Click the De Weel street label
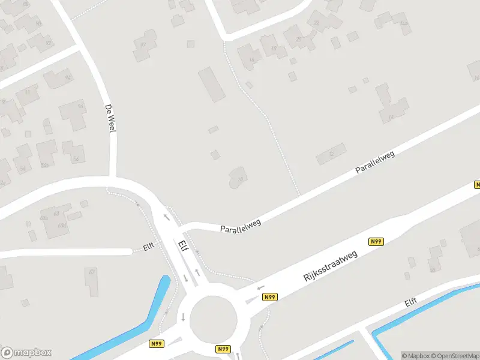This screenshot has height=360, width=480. [109, 116]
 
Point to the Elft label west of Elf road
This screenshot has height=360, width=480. [148, 247]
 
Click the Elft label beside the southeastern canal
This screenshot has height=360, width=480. [411, 302]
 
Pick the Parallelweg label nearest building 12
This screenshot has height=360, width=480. [375, 163]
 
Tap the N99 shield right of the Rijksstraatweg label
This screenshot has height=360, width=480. [376, 242]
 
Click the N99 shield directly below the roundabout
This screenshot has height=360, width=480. [223, 349]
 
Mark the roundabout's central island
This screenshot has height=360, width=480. [214, 319]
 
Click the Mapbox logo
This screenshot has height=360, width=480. [26, 353]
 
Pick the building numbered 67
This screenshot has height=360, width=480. [92, 281]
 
